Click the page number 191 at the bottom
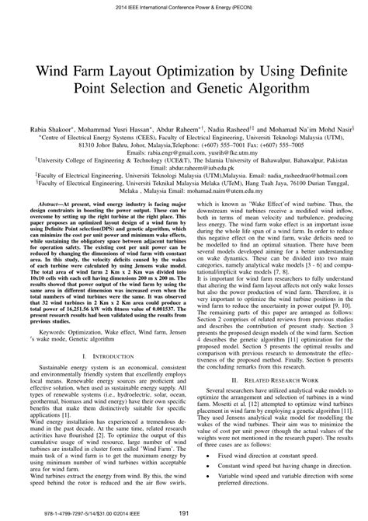coord(183,513)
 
